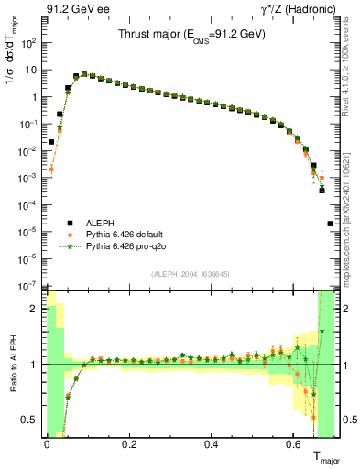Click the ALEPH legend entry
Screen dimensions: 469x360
[x=75, y=223]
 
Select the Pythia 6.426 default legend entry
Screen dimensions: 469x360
[x=99, y=234]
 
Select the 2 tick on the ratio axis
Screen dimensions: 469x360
[x=33, y=309]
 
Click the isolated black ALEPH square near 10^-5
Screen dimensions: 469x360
[x=330, y=224]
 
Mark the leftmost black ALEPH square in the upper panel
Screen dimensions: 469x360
[x=51, y=142]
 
